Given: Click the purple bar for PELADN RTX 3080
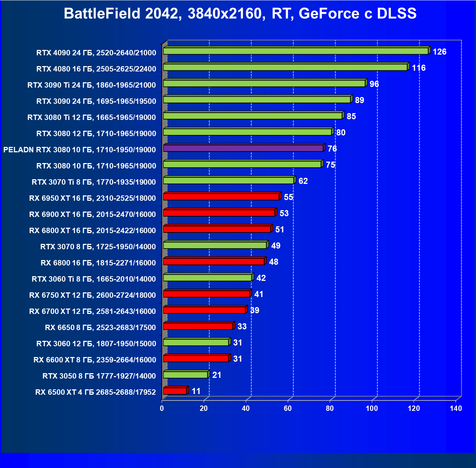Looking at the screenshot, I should coord(243,148).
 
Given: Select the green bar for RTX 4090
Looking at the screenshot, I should coord(296,51).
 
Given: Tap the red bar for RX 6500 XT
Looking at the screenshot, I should coord(175,391).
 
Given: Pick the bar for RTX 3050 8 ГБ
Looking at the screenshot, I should coord(185,375).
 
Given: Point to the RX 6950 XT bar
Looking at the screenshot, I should coord(221,196).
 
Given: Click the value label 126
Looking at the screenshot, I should coord(439,52).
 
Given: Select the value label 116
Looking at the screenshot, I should coord(419,68).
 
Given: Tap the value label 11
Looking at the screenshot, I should coord(196,391).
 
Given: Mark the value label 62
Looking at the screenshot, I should coord(303,181).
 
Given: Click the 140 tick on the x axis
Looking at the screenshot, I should coord(456,408).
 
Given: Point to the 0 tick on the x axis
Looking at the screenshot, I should coord(162,408).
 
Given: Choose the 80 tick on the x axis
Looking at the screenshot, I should coord(330,408).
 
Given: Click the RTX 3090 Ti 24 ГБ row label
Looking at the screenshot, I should coord(92,85).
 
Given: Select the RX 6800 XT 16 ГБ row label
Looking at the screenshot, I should coord(92,231).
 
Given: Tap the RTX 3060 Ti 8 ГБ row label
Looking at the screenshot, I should coord(94,279).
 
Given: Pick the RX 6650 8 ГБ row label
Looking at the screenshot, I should coord(100,328).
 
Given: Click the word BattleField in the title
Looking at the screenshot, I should coord(102,14).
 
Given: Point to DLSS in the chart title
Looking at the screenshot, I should coord(397,14).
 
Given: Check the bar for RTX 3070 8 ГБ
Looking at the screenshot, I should coord(215,245).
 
